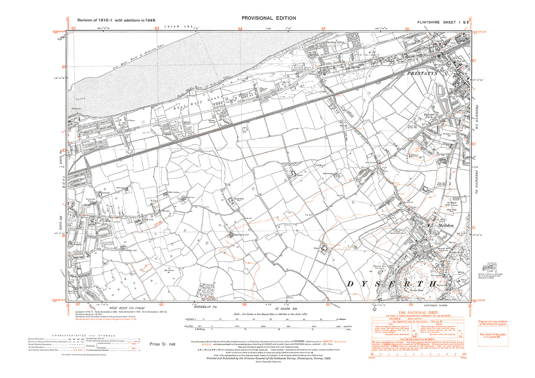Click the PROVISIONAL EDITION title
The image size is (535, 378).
[268, 18]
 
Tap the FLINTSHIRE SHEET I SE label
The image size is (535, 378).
[443, 22]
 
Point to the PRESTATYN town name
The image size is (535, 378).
[422, 74]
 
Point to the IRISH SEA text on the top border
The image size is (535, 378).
[174, 27]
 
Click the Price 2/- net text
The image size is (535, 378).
[163, 344]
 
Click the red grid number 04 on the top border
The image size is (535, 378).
[240, 28]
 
